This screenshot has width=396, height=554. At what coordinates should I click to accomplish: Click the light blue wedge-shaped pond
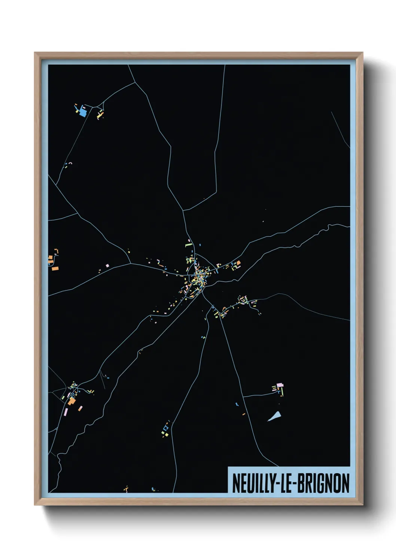(x=275, y=416)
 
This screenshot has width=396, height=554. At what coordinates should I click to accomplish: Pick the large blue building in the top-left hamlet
(x=82, y=111)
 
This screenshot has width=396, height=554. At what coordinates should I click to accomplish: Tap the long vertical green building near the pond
(x=283, y=391)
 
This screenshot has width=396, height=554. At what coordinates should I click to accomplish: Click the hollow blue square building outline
(x=166, y=427)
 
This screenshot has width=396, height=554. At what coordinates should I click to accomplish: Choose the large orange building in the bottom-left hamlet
(x=72, y=401)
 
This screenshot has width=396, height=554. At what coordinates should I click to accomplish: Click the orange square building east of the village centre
(x=237, y=263)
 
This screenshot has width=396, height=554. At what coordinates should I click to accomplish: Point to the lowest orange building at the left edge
(x=55, y=268)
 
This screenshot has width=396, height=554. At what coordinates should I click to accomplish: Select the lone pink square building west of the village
(x=107, y=265)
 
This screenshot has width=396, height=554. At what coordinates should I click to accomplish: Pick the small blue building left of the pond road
(x=237, y=404)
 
